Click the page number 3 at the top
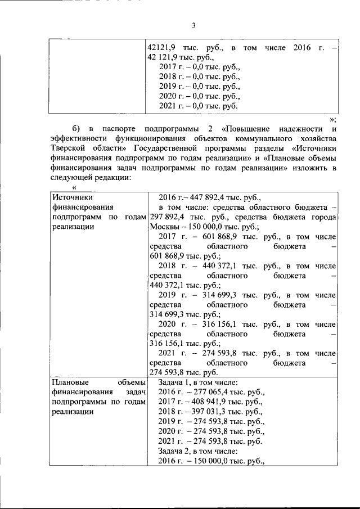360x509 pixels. pos(193,25)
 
